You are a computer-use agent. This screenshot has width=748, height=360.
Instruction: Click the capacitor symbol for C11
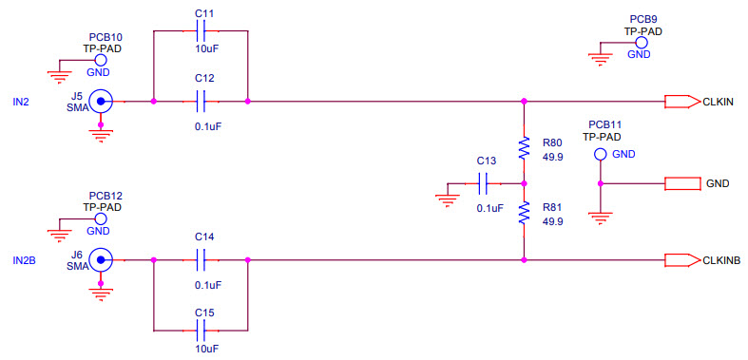(x=201, y=31)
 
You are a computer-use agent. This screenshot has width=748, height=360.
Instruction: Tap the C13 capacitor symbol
(x=485, y=182)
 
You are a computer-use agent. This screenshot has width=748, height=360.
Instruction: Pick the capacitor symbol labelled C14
(x=201, y=258)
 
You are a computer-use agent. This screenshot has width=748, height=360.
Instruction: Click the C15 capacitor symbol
(x=201, y=331)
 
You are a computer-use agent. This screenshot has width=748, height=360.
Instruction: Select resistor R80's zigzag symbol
(x=523, y=147)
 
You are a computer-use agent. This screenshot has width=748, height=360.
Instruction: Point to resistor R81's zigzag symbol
(x=523, y=213)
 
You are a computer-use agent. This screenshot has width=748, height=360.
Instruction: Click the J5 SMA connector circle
(x=100, y=101)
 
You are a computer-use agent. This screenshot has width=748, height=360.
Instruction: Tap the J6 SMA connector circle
(x=100, y=258)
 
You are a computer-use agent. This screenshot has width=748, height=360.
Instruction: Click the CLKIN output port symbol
(x=681, y=101)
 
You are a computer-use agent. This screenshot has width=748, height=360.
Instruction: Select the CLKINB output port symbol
(x=681, y=258)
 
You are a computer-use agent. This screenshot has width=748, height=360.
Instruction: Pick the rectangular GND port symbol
(x=682, y=182)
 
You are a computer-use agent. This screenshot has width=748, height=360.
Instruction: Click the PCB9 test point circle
(x=643, y=43)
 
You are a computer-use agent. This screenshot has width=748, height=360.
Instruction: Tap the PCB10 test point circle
(x=100, y=59)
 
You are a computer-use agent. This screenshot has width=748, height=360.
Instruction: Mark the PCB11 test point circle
(x=600, y=155)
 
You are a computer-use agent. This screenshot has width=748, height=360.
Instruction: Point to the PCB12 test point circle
(x=100, y=218)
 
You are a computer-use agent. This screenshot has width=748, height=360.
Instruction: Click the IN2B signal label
(x=24, y=259)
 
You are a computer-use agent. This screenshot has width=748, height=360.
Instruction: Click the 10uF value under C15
(x=207, y=350)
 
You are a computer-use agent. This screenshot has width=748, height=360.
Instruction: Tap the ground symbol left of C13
(x=446, y=199)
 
